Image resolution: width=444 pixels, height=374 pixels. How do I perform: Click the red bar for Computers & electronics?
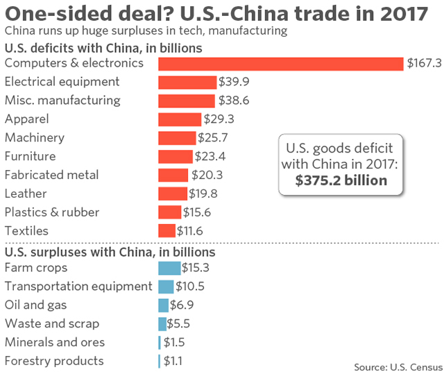[x=280, y=63]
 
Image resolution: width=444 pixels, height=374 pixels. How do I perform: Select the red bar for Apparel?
[x=180, y=119]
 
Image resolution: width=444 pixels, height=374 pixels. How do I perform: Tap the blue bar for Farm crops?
[x=169, y=268]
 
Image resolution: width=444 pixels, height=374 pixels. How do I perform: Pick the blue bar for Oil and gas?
[x=163, y=305]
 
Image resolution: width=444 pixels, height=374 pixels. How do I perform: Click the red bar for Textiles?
[x=166, y=230]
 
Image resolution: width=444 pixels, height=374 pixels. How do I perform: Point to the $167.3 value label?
[x=423, y=63]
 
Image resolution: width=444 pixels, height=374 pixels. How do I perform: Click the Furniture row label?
[x=30, y=156]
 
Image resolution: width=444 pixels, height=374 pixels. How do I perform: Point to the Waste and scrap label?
[x=52, y=323]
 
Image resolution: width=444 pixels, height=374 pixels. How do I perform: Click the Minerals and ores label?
[x=55, y=342]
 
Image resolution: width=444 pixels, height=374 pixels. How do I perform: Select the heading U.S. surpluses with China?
[x=110, y=252]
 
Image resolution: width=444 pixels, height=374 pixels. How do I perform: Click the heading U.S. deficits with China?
[x=103, y=48]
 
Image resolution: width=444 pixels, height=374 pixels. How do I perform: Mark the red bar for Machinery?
[x=177, y=137]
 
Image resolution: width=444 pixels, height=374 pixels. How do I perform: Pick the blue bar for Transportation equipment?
[x=166, y=287]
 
